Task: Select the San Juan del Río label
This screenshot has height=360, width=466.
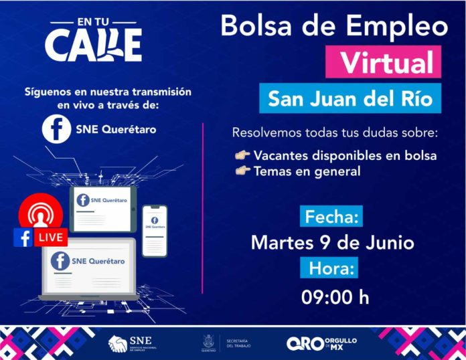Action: point(350,99)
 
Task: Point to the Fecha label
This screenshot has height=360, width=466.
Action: point(333,217)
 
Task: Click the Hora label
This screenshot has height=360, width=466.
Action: point(333,268)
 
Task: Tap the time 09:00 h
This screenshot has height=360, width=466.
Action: point(335,296)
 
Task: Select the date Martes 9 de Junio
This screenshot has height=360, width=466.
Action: point(333,242)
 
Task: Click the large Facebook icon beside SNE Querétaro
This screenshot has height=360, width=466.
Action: point(56,128)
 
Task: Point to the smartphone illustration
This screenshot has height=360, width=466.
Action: point(155,230)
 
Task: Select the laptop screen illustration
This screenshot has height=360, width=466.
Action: point(89,266)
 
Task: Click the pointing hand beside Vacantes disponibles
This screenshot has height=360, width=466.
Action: point(242,156)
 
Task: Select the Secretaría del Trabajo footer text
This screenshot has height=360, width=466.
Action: point(238,343)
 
